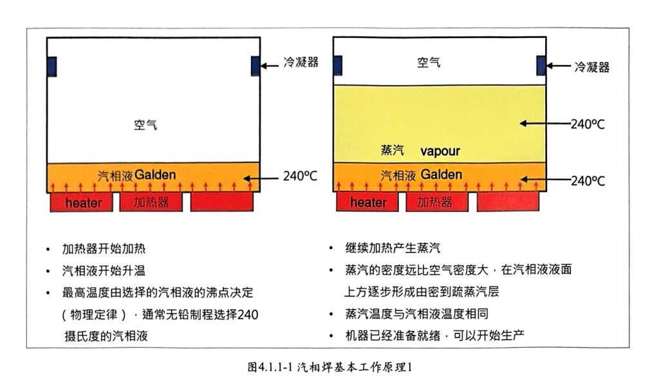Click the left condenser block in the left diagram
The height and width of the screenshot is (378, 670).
pyautogui.click(x=52, y=66)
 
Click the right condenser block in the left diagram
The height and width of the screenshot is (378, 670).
pyautogui.click(x=255, y=66)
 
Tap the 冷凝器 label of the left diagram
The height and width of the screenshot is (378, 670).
pyautogui.click(x=301, y=63)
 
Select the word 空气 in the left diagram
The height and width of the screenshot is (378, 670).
pyautogui.click(x=145, y=125)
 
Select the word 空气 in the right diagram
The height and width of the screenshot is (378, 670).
pyautogui.click(x=429, y=62)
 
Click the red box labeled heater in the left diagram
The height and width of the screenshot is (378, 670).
pyautogui.click(x=82, y=202)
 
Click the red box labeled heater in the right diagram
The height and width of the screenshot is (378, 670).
pyautogui.click(x=369, y=202)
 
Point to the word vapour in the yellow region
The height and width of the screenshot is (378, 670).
pyautogui.click(x=440, y=151)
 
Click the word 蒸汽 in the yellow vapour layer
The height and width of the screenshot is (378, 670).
pyautogui.click(x=392, y=151)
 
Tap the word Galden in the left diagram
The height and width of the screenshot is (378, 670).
pyautogui.click(x=155, y=175)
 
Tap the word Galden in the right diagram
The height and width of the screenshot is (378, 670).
pyautogui.click(x=442, y=175)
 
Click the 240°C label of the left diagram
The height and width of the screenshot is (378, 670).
pyautogui.click(x=301, y=175)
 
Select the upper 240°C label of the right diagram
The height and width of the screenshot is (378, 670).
pyautogui.click(x=587, y=124)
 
